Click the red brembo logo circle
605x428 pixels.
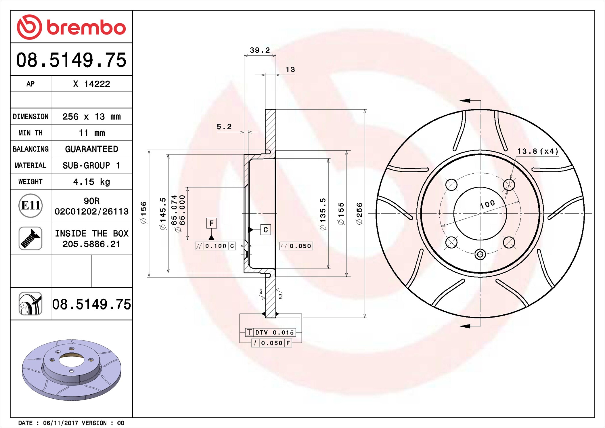[29, 27]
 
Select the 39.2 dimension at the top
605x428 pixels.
[260, 50]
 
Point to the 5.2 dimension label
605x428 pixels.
[224, 127]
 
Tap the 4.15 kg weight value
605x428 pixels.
[91, 181]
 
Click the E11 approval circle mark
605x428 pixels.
[30, 206]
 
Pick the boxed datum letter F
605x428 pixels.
[211, 223]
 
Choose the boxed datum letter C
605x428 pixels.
[265, 230]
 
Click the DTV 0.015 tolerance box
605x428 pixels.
[270, 333]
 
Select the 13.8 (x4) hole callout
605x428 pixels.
[537, 151]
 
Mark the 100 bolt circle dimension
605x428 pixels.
[487, 204]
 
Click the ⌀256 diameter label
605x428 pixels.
[359, 213]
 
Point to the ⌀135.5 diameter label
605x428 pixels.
[323, 213]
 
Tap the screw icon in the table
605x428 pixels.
[30, 238]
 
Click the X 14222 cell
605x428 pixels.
[91, 84]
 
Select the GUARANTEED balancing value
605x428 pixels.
[91, 149]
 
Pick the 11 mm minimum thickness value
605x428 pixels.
[91, 133]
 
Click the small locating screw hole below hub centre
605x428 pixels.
[480, 254]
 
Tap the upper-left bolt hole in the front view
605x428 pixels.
[451, 185]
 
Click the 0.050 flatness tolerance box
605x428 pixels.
[296, 246]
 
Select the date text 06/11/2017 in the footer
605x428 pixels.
[60, 423]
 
